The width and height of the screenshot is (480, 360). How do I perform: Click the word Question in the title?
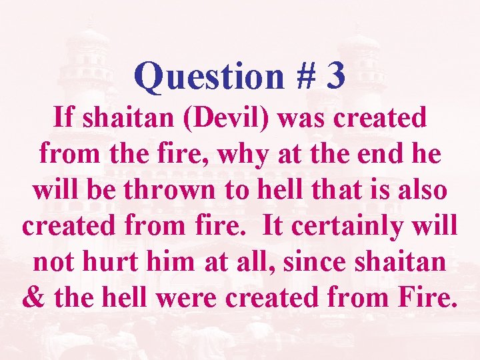[x=209, y=76]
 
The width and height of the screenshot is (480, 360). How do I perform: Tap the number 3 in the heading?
[x=336, y=76]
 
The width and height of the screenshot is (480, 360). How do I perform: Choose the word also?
[x=423, y=190]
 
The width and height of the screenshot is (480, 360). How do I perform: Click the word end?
[x=385, y=155]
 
